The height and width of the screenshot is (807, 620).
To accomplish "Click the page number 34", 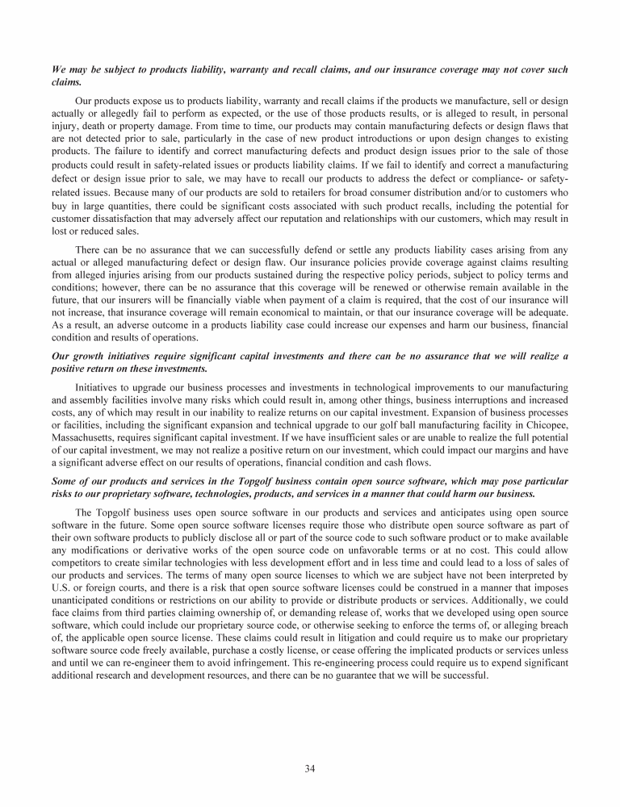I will [x=310, y=767].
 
